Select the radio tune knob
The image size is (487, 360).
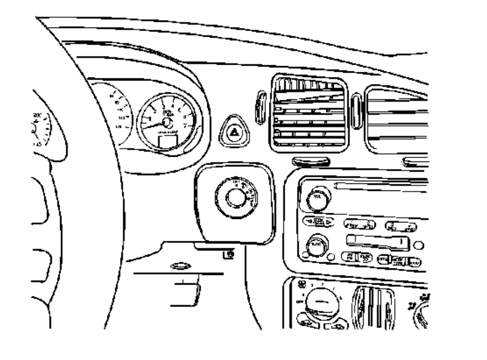click(317, 246)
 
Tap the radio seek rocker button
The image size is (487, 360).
click(317, 221)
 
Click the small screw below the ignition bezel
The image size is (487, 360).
click(230, 254)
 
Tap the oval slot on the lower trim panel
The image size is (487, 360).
click(181, 265)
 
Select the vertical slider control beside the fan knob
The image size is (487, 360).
click(375, 306)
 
